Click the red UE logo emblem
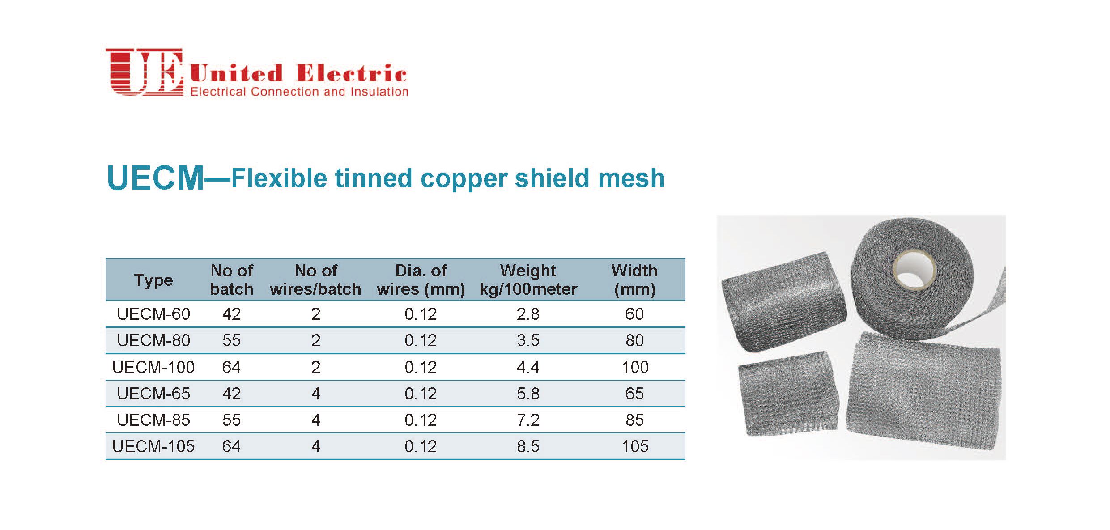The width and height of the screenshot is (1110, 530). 144,72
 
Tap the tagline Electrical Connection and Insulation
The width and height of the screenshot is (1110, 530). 299,92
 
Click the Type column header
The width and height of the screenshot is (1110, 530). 153,280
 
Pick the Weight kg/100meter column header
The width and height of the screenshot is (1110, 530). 528,280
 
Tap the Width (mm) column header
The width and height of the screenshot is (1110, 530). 634,280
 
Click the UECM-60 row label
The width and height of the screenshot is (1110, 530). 153,314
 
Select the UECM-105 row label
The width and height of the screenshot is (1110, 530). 153,446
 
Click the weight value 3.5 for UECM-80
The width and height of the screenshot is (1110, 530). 528,340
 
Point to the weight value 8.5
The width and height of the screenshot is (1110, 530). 528,446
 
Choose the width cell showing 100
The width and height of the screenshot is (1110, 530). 635,367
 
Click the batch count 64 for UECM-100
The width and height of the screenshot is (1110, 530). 231,367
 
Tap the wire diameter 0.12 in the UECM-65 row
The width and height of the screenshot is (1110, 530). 421,394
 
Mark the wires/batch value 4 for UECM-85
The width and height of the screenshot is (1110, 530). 316,420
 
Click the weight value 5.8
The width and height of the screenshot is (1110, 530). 528,394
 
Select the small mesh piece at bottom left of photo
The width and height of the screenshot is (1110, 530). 787,393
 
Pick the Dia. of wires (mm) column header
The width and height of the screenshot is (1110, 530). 421,280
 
